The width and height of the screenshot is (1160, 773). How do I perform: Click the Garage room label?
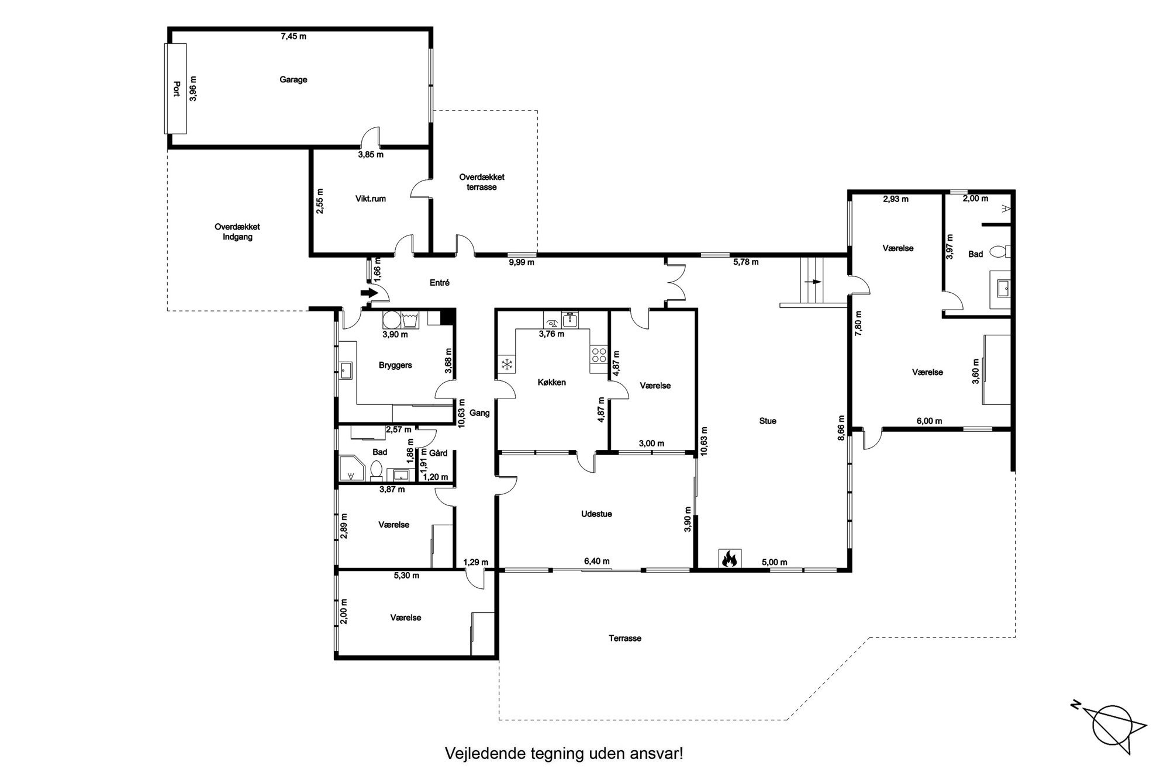tap(293, 79)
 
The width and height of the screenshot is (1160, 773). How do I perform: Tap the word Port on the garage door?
tap(176, 89)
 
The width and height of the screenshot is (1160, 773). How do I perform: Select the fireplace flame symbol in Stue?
tap(730, 559)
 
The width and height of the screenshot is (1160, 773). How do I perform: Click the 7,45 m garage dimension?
tap(294, 36)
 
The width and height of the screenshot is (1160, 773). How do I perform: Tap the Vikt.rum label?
tap(371, 199)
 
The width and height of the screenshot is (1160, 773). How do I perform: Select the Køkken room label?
tap(552, 383)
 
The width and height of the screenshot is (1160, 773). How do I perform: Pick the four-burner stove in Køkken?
tap(599, 355)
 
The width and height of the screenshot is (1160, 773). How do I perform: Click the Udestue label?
tap(596, 514)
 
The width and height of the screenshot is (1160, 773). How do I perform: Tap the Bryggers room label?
tap(395, 365)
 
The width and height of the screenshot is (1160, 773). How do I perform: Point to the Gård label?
tap(438, 453)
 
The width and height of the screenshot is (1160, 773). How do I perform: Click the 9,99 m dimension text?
tap(522, 262)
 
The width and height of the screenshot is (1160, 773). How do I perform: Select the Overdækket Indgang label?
tap(237, 232)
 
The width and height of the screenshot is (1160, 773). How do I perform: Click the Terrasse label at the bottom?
tap(625, 639)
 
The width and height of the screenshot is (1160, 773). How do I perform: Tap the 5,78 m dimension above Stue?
tap(746, 262)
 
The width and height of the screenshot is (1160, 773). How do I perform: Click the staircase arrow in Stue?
tap(813, 282)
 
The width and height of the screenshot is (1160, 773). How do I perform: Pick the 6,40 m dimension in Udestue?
tap(596, 561)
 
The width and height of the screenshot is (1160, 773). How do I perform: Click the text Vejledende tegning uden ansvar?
tap(564, 753)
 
